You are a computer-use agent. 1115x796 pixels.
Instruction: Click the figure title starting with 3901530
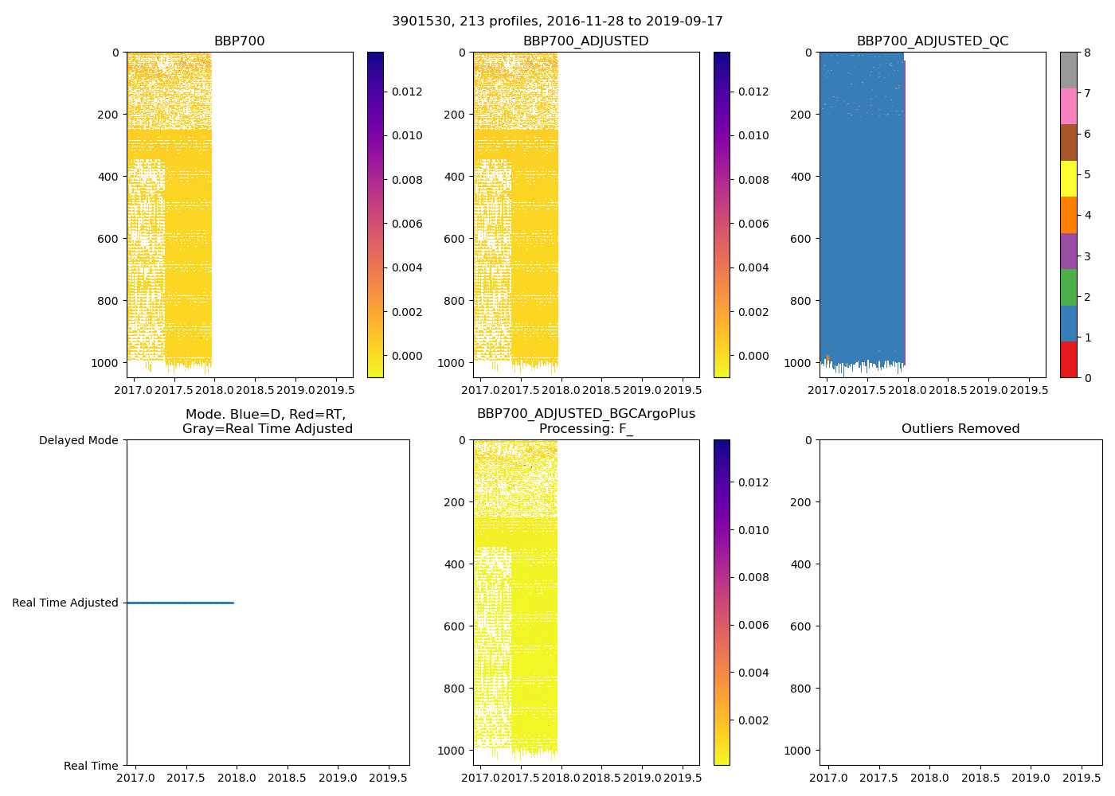(557, 21)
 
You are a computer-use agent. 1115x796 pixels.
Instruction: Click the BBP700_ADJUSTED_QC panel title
(933, 41)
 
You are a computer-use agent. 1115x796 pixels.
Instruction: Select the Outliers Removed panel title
(960, 429)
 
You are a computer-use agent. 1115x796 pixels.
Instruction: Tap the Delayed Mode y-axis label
(78, 440)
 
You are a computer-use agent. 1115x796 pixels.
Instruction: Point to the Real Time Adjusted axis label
(65, 603)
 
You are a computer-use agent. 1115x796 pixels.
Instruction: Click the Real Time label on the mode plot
(91, 766)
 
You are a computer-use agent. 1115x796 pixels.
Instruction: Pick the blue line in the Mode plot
(180, 603)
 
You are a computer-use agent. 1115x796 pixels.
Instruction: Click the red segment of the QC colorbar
(1068, 360)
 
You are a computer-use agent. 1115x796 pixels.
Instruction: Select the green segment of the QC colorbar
(1068, 287)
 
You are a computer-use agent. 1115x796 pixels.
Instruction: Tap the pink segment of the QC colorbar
(1068, 107)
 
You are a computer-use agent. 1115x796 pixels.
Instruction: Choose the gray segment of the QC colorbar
(1068, 70)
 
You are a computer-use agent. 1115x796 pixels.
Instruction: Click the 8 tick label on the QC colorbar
(1087, 53)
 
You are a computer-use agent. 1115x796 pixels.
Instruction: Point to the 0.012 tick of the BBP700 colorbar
(407, 92)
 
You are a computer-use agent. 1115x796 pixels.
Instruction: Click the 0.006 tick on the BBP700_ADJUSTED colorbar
(753, 224)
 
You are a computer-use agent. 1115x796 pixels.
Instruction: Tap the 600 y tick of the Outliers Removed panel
(802, 626)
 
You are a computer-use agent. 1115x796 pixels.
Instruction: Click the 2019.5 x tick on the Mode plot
(389, 778)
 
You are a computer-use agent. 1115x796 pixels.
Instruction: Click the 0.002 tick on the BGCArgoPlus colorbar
(753, 720)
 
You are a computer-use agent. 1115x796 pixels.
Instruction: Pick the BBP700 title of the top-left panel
(239, 41)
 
